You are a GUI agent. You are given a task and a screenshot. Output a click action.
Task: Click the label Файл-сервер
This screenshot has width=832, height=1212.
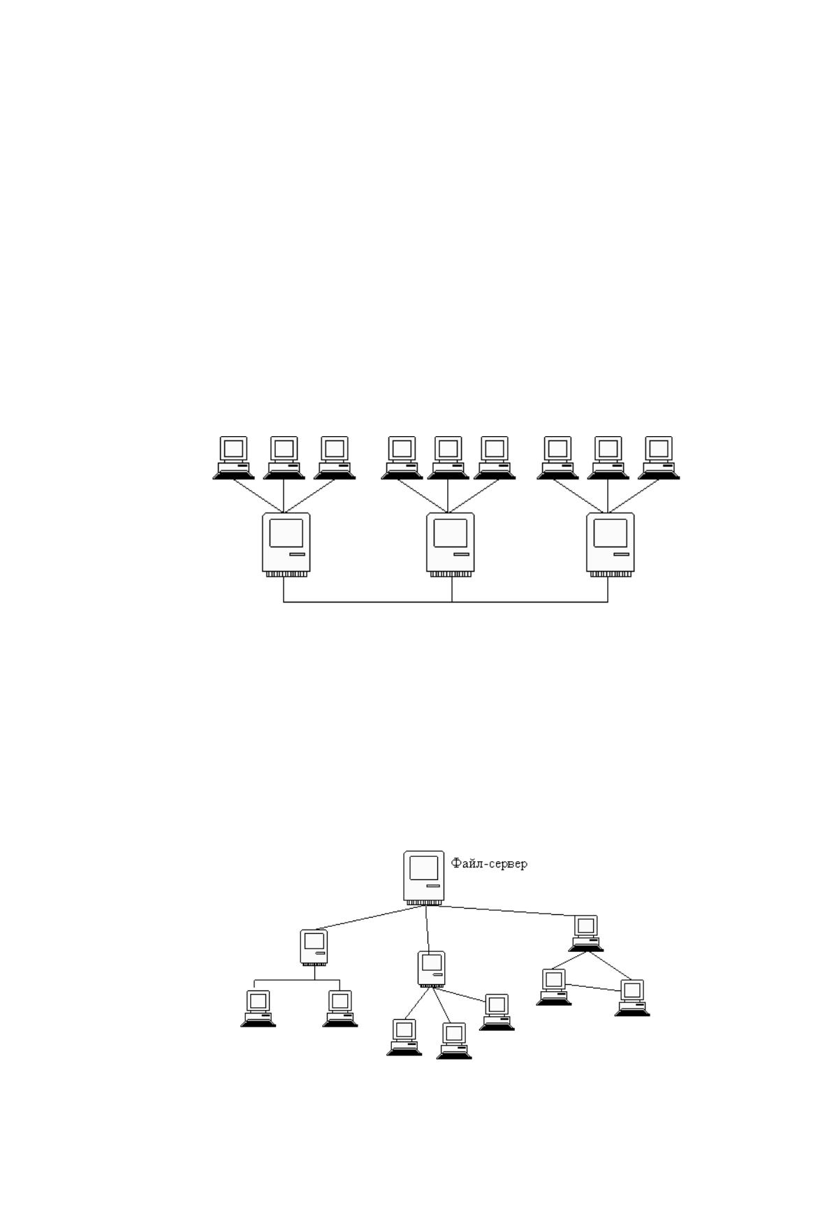(x=489, y=864)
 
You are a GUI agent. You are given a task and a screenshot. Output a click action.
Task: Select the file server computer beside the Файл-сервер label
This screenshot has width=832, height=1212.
(x=424, y=879)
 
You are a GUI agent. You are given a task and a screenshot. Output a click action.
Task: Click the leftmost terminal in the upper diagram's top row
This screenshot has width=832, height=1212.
(x=233, y=458)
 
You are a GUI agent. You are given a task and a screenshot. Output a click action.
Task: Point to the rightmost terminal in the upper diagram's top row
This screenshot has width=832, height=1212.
(x=659, y=458)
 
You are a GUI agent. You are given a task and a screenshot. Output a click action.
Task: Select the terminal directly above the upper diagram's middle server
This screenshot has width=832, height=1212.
(x=448, y=458)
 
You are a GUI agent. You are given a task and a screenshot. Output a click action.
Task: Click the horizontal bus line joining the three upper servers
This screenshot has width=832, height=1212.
(x=446, y=602)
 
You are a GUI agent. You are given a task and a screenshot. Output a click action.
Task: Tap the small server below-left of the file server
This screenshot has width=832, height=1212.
(x=314, y=948)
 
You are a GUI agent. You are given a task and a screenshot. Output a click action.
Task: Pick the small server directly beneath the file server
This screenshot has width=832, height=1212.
(x=432, y=969)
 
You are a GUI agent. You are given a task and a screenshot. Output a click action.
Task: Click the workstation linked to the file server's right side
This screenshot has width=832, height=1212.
(x=586, y=933)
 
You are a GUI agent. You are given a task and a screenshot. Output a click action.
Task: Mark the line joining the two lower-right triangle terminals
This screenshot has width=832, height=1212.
(x=594, y=987)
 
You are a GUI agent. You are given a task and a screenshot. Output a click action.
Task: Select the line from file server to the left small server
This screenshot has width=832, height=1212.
(x=371, y=918)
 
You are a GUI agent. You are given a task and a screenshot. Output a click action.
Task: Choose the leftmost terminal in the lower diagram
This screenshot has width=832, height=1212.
(x=258, y=1009)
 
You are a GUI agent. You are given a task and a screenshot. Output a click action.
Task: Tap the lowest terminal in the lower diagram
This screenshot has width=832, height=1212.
(x=454, y=1041)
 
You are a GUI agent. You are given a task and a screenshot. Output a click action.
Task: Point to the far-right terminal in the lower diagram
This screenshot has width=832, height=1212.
(x=632, y=998)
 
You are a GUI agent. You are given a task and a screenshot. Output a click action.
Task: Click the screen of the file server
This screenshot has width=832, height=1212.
(x=423, y=867)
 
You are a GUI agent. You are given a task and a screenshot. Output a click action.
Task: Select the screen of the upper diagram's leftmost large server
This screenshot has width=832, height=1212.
(x=286, y=533)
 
